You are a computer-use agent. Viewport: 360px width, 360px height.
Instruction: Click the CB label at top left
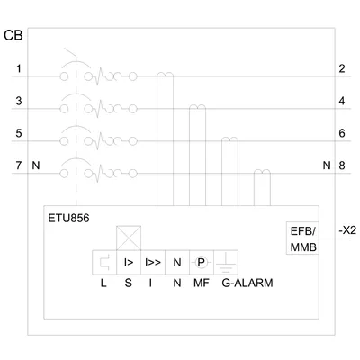[x=13, y=35]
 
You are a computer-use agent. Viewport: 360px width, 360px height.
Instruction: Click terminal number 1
[x=19, y=68]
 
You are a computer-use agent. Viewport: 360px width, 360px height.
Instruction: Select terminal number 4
[x=342, y=101]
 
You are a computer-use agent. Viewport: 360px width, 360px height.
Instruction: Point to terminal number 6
[x=342, y=133]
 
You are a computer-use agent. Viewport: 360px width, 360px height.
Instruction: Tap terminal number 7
[x=19, y=166]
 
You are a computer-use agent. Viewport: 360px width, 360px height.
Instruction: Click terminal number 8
[x=342, y=166]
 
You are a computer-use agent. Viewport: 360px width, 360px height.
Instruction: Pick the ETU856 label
[x=68, y=218]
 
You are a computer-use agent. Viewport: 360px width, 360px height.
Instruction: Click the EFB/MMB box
[x=302, y=238]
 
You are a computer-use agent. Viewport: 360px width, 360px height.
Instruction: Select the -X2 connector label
[x=347, y=230]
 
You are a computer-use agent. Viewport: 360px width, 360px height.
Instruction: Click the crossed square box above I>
[x=129, y=238]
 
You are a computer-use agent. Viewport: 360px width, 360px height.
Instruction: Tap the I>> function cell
[x=153, y=263]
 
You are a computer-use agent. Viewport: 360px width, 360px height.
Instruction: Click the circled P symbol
[x=201, y=263]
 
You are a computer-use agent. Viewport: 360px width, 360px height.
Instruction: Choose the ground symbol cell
[x=226, y=263]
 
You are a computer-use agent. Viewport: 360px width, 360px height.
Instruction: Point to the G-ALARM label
[x=247, y=283]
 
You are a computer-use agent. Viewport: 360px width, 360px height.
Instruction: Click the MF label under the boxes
[x=202, y=283]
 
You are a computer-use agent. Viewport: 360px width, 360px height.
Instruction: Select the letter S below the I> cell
[x=128, y=283]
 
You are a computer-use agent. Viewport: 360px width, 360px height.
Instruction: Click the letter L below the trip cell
[x=103, y=283]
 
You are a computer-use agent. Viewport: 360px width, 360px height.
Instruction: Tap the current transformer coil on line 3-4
[x=197, y=107]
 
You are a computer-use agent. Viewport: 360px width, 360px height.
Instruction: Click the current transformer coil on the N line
[x=262, y=172]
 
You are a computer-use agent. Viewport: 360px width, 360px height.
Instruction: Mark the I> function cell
[x=129, y=263]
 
